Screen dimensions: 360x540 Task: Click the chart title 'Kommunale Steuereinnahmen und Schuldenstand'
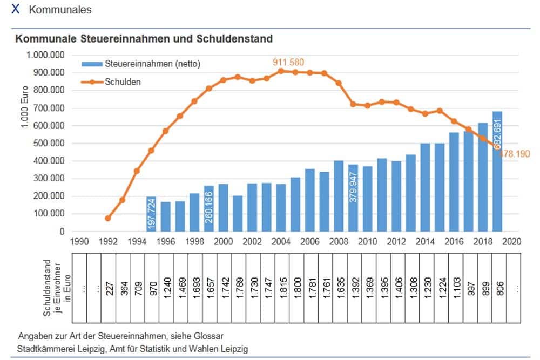[144, 39]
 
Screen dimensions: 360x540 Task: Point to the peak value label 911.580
[288, 63]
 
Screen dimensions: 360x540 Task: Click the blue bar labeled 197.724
[151, 214]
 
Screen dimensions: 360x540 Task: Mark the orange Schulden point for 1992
[108, 218]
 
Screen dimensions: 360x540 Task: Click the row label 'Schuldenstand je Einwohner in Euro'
[56, 288]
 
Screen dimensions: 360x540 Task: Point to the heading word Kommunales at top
[60, 10]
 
